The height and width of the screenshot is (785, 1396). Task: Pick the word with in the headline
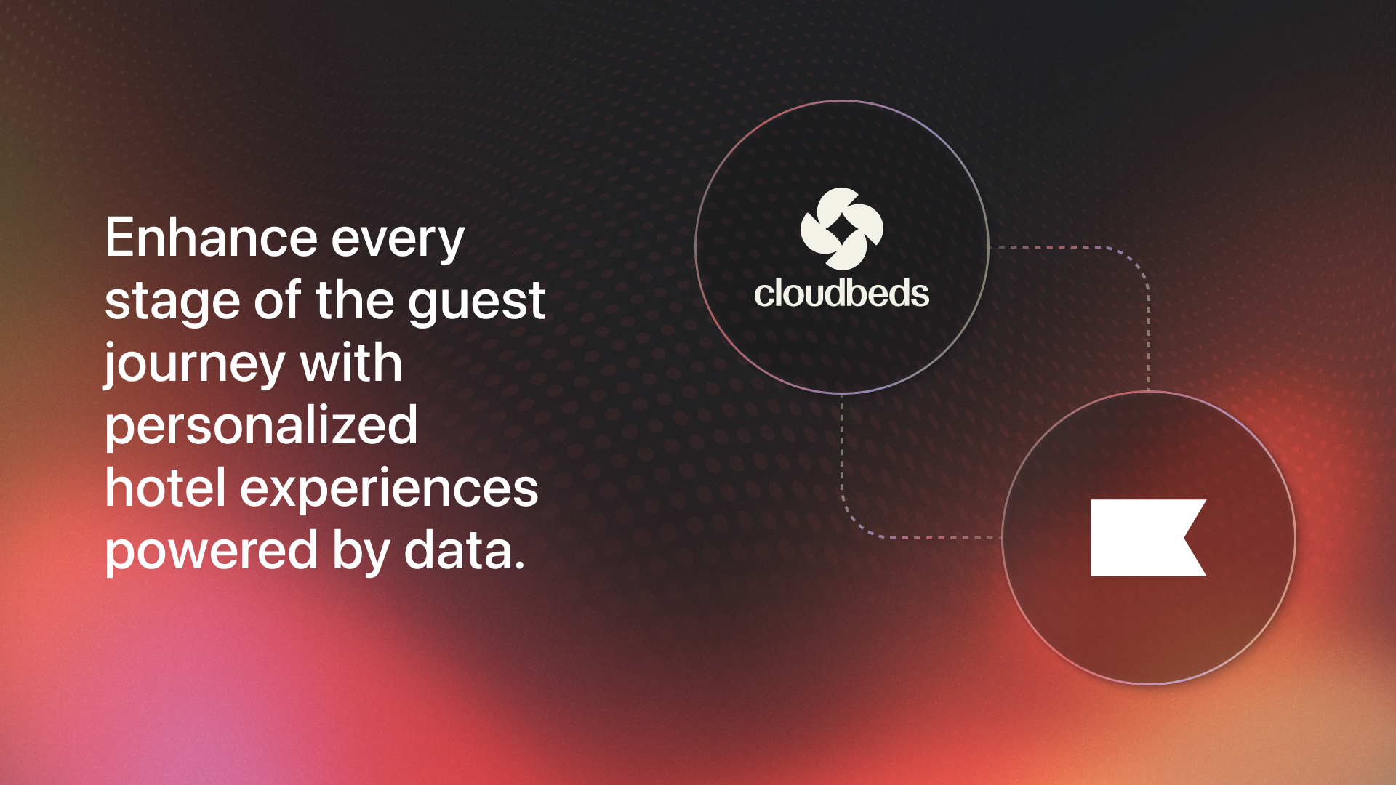pyautogui.click(x=351, y=362)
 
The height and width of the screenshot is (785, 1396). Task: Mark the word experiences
pyautogui.click(x=389, y=493)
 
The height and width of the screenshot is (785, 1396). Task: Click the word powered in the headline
pyautogui.click(x=212, y=555)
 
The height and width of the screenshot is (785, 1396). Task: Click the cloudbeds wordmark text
pyautogui.click(x=841, y=294)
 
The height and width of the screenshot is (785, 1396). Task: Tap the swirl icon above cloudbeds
pyautogui.click(x=842, y=228)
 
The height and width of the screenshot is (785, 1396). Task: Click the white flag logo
pyautogui.click(x=1148, y=538)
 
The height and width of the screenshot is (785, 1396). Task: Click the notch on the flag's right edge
pyautogui.click(x=1185, y=538)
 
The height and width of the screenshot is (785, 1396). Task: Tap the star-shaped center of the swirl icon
pyautogui.click(x=842, y=230)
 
